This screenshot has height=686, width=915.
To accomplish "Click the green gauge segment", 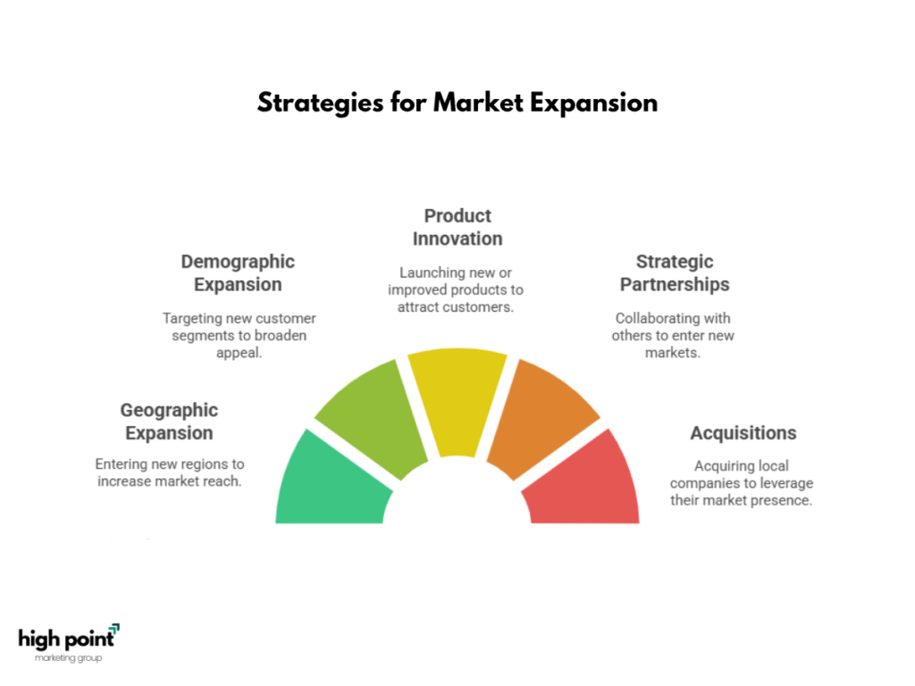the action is [330, 484].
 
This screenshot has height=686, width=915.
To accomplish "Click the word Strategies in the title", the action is [321, 104].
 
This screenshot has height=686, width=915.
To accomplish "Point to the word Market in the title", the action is [479, 103].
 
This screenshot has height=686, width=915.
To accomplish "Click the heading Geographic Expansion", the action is [169, 422].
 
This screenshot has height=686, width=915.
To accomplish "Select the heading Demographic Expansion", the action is [238, 273].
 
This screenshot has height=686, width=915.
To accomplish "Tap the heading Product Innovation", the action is [457, 228].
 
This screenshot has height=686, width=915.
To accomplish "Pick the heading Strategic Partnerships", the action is [675, 273].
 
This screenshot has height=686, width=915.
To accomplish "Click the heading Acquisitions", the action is [743, 433].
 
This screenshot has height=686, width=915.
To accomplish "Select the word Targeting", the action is [191, 319].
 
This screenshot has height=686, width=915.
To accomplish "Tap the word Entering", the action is [121, 464].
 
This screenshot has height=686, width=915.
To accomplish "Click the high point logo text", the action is [66, 640].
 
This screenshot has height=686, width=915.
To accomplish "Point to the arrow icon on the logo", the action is [114, 628].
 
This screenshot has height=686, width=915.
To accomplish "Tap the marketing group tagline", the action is [68, 658].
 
